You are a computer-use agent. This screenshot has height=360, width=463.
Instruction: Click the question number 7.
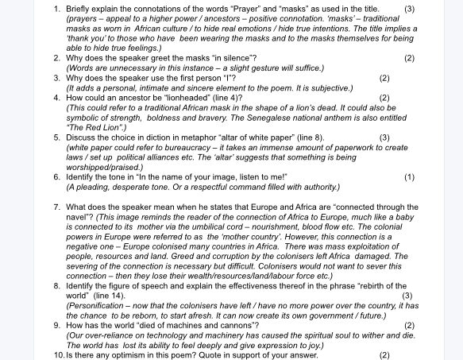[57, 207]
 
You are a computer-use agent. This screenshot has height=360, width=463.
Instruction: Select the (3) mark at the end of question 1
[409, 9]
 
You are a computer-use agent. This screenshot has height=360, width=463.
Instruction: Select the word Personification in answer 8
[96, 305]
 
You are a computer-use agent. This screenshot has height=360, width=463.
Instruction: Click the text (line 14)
[110, 296]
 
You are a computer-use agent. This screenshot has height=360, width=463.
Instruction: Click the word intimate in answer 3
[149, 88]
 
